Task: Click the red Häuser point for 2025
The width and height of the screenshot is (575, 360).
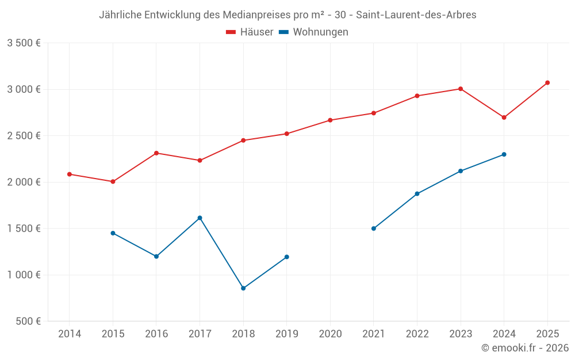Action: [547, 83]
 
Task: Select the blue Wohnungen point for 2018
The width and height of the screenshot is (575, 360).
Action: [243, 288]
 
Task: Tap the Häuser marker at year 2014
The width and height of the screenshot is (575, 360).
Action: [70, 174]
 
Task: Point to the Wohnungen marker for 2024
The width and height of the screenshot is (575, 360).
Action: [504, 154]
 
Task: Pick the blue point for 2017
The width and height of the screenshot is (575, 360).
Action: [200, 218]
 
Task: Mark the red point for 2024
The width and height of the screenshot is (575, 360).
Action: [504, 118]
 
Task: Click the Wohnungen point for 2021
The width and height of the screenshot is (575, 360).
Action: [374, 229]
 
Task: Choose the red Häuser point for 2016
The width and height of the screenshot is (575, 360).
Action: [156, 153]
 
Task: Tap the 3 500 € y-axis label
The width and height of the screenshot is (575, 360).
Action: [24, 43]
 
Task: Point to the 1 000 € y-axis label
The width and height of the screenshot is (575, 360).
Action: [24, 275]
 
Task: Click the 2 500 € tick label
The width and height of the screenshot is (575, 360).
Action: [24, 136]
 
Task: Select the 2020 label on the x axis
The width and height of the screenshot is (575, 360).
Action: [330, 334]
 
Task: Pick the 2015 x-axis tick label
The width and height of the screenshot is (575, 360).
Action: [113, 334]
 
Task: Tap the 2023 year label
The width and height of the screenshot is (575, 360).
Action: [461, 334]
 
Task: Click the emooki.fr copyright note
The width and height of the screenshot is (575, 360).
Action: [524, 348]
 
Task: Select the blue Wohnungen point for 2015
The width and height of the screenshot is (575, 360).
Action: [113, 233]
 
